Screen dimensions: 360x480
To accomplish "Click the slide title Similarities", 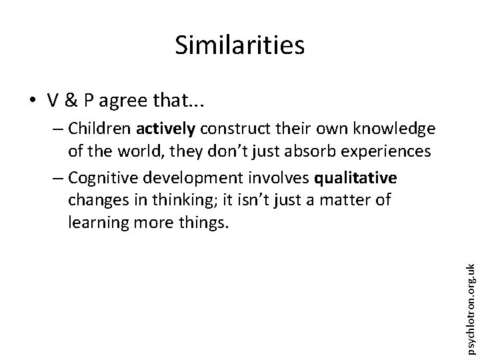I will pyautogui.click(x=239, y=45).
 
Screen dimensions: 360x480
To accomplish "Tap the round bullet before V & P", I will pyautogui.click(x=32, y=101).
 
